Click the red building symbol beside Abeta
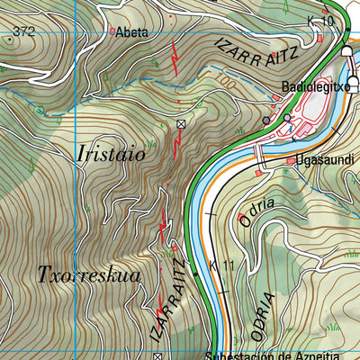pyautogui.click(x=112, y=31)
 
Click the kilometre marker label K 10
pyautogui.click(x=319, y=21)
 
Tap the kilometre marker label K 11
pyautogui.click(x=221, y=266)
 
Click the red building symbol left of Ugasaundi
pyautogui.click(x=289, y=162)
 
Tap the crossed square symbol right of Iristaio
pyautogui.click(x=181, y=123)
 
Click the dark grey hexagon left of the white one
pyautogui.click(x=266, y=120)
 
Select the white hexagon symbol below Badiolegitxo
pyautogui.click(x=287, y=118)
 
